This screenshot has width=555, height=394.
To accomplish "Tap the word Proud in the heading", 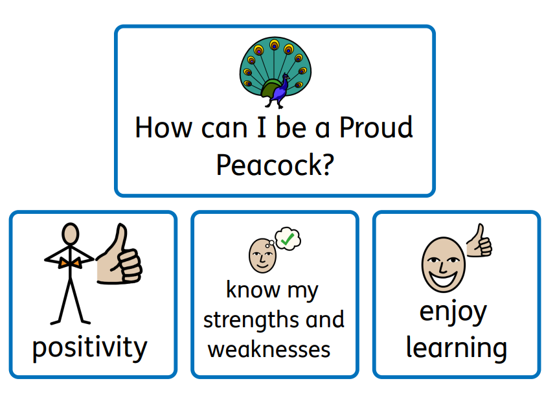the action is pyautogui.click(x=376, y=128).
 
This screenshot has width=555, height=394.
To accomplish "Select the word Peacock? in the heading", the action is pyautogui.click(x=275, y=165).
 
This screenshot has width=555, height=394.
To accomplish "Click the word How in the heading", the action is pyautogui.click(x=164, y=128).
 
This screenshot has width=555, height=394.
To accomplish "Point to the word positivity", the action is pyautogui.click(x=89, y=347).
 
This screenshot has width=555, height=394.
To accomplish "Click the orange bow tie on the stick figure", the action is pyautogui.click(x=70, y=263).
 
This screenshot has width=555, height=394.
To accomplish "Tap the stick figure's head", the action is pyautogui.click(x=70, y=233).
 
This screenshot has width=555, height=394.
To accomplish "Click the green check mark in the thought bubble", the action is pyautogui.click(x=287, y=239).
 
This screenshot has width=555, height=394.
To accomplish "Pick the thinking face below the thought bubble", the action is pyautogui.click(x=262, y=256).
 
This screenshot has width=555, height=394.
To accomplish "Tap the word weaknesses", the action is pyautogui.click(x=269, y=349).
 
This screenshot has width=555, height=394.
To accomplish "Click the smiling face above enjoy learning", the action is pyautogui.click(x=444, y=264).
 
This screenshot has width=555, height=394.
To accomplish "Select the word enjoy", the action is pyautogui.click(x=453, y=312).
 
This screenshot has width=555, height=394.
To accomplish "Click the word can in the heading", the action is pyautogui.click(x=224, y=129).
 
